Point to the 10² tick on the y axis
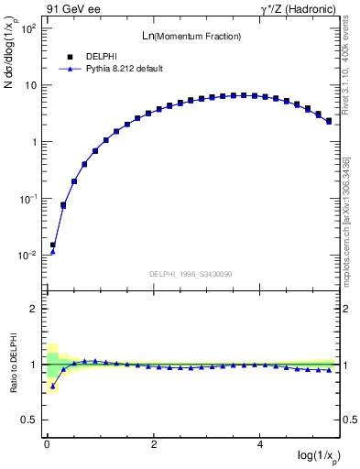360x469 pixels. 29,28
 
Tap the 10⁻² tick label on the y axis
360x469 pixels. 27,256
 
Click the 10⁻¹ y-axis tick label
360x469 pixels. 27,199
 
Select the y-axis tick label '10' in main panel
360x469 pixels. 31,85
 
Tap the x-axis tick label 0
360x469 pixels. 47,444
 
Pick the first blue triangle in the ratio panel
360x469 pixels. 52,387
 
